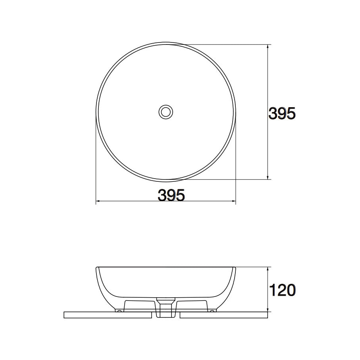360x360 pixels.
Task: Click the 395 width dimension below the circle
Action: coord(171,195)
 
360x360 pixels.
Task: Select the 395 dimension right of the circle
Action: coord(282,114)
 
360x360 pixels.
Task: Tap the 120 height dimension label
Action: coord(282,290)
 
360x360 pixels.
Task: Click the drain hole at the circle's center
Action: coord(166,112)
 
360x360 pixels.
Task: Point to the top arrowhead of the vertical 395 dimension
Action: coord(268,46)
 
